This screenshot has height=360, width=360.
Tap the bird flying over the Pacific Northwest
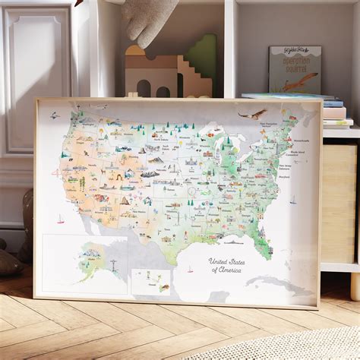(x=54, y=116)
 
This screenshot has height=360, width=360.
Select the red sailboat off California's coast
(x=60, y=219)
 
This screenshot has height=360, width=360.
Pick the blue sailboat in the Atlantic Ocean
(x=292, y=201)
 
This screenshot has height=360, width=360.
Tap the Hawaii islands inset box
(x=153, y=281)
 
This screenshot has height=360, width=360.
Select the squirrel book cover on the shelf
(x=295, y=70)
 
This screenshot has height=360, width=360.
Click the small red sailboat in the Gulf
(x=190, y=270)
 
